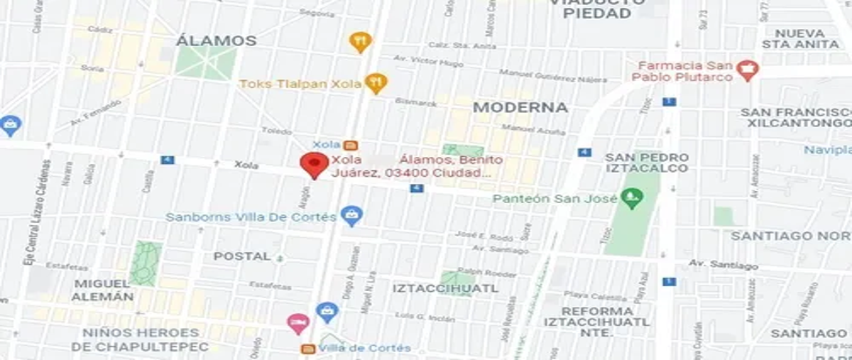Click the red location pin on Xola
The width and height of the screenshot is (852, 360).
click(314, 165)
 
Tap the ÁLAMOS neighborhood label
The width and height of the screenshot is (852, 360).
click(216, 40)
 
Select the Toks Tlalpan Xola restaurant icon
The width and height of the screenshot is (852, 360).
click(376, 83)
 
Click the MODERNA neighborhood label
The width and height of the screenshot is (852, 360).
click(520, 107)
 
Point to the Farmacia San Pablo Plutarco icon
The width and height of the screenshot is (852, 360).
click(747, 70)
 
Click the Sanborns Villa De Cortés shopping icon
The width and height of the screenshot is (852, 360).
click(350, 215)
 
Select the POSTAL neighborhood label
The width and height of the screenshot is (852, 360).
click(242, 256)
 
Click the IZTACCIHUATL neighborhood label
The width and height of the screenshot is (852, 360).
click(445, 288)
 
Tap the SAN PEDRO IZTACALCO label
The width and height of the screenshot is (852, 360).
click(647, 163)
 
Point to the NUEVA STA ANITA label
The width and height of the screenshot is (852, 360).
click(800, 38)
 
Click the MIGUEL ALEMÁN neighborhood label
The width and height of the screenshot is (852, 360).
click(104, 290)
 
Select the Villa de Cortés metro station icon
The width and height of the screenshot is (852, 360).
click(308, 349)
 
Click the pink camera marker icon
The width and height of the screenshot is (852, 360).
click(297, 324)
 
